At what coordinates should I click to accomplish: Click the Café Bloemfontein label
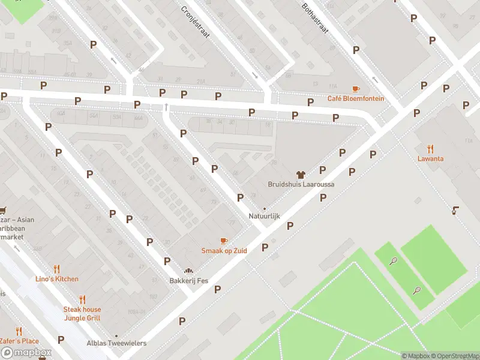(355, 98)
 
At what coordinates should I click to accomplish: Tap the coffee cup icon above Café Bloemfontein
(356, 89)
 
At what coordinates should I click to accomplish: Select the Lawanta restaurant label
(431, 158)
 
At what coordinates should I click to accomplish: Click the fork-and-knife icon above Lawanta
(431, 149)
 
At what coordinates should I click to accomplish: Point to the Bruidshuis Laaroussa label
(301, 184)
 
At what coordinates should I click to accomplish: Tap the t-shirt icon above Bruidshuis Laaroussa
(301, 175)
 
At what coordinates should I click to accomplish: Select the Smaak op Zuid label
(224, 250)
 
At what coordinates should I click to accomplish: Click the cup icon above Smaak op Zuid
(224, 241)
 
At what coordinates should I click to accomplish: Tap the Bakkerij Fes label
(189, 280)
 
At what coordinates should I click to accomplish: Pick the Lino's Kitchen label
(56, 279)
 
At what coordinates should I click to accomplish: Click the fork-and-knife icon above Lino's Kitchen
(56, 269)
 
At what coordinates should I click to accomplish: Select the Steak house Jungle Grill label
(82, 313)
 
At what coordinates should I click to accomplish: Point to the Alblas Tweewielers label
(116, 343)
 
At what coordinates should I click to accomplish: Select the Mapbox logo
(26, 353)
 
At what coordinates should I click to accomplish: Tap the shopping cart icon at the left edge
(3, 210)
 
